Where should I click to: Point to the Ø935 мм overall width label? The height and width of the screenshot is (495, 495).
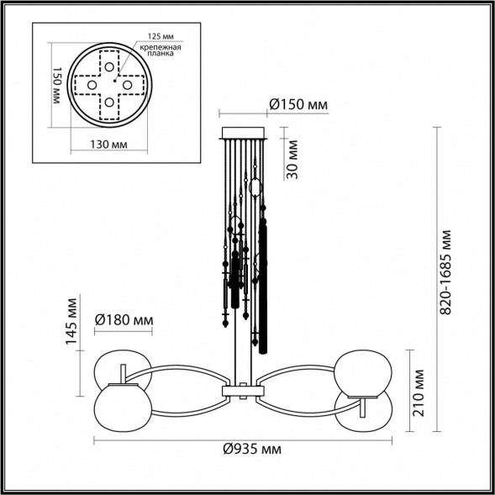click(252, 450)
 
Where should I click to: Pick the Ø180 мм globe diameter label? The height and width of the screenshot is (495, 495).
click(124, 320)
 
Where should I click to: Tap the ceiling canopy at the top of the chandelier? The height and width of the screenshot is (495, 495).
click(244, 133)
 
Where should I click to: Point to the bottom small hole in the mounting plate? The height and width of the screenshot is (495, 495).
click(109, 103)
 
